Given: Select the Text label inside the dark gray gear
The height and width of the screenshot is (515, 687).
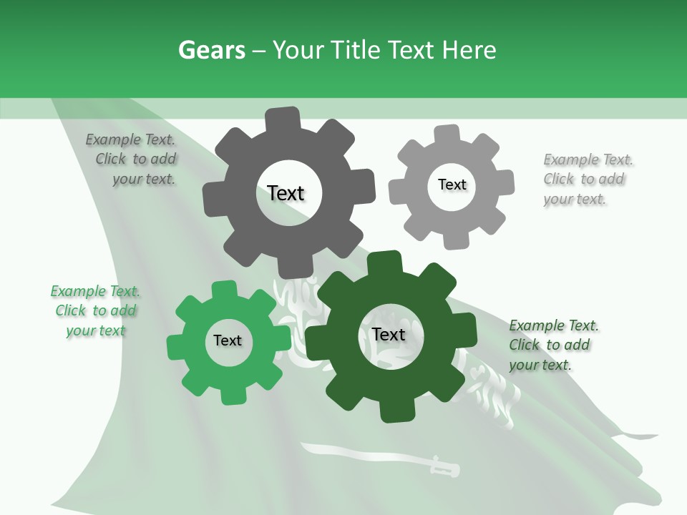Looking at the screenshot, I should pos(286,193).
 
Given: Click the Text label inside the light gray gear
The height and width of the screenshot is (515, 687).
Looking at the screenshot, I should pos(452,185).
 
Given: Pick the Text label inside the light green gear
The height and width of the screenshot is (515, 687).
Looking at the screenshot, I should pos(228,340).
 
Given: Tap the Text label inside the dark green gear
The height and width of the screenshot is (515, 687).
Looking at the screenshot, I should pos(389,335).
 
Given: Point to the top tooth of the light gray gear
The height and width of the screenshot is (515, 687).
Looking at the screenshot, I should pos(447,134).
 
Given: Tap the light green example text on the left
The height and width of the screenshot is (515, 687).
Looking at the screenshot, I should pos(96,311).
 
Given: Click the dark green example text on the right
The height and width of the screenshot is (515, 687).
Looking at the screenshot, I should pos(552,345).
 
